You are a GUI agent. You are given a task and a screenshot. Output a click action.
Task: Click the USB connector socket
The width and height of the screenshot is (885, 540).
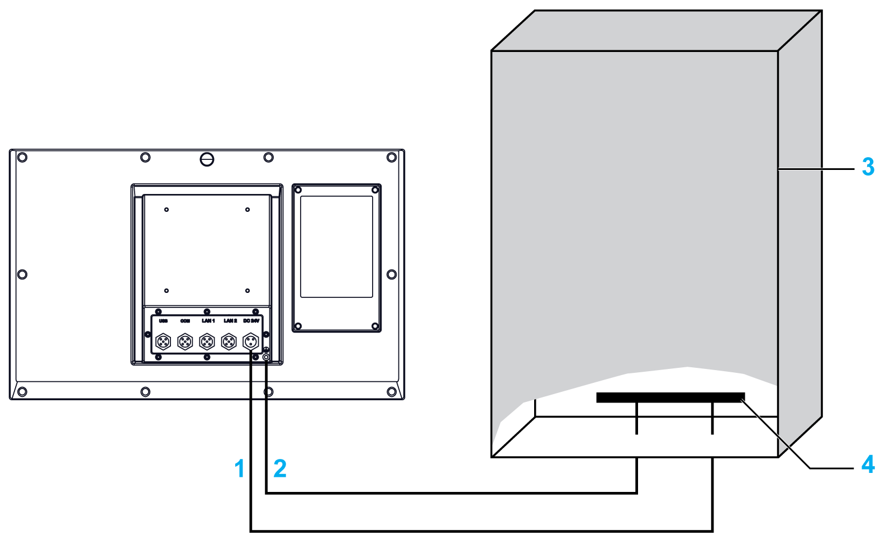163,340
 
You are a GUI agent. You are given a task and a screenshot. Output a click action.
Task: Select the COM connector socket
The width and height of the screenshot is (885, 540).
185,340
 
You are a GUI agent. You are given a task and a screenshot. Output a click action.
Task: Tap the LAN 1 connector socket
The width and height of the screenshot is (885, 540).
207,340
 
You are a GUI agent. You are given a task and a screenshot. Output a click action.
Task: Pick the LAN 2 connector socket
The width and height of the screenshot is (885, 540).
229,340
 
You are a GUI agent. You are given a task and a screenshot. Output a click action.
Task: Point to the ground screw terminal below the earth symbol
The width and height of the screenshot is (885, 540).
267,357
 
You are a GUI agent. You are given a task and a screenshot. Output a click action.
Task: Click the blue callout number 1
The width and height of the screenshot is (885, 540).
240,468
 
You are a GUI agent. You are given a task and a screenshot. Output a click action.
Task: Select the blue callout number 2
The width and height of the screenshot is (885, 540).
280,468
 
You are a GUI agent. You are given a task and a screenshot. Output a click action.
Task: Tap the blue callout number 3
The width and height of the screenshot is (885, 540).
868,167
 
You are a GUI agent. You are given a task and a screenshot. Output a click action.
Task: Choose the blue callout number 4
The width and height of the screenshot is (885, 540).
868,465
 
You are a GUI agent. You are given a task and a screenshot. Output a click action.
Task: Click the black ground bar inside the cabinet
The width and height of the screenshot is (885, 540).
670,397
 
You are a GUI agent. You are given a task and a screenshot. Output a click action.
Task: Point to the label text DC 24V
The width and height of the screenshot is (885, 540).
251,321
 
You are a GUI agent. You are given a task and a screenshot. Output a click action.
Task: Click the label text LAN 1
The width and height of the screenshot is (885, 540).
208,321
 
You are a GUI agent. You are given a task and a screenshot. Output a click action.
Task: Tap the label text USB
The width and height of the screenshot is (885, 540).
163,321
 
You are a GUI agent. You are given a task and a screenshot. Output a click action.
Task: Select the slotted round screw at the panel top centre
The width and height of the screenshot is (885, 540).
207,159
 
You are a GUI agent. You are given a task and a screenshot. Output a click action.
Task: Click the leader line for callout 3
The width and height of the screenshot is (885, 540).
816,168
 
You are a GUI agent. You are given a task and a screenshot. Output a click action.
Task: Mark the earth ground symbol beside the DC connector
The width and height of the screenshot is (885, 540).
266,349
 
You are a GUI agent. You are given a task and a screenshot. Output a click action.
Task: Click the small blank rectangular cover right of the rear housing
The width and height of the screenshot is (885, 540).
336,247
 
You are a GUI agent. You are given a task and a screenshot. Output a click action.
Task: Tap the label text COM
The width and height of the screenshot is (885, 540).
185,321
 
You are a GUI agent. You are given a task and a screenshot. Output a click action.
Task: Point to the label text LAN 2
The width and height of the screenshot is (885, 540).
230,321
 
